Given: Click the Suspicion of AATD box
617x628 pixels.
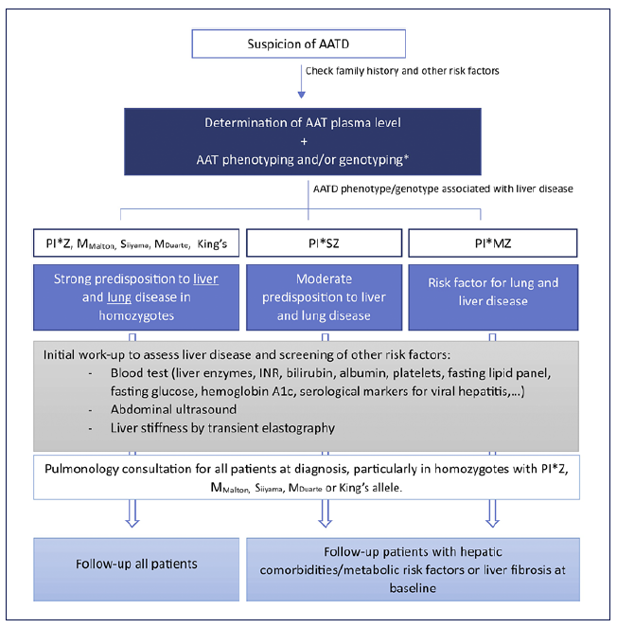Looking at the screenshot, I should coord(298,44).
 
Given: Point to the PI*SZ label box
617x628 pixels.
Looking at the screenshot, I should coord(323,244).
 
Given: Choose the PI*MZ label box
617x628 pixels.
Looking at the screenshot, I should coord(492,244).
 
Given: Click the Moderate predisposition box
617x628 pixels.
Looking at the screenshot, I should coord(323,296).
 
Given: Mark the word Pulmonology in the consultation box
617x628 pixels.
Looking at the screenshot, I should coord(84,467).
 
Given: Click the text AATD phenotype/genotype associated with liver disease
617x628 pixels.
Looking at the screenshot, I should coord(441,188).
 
